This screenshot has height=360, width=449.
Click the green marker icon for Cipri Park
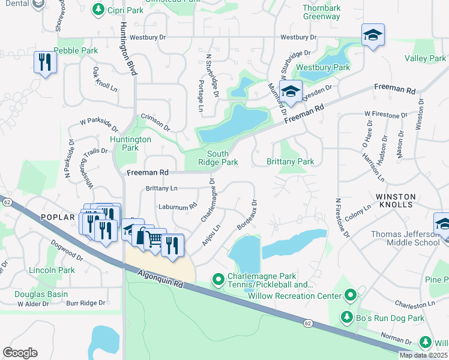97,10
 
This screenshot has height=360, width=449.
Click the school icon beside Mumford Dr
291,92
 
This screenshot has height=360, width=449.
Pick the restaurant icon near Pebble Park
45,62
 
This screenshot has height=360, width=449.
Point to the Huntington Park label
131,143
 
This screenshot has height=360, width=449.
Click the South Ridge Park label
218,158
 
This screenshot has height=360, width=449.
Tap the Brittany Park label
291,162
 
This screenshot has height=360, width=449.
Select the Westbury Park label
331,68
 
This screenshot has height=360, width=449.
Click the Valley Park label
425,58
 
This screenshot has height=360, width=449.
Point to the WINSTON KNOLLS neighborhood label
394,200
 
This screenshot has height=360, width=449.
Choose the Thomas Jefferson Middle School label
405,238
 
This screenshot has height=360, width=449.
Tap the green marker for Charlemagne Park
218,280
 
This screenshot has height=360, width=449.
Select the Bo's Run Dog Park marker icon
346,316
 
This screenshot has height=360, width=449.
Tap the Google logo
20,353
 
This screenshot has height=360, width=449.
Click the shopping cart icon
155,239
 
